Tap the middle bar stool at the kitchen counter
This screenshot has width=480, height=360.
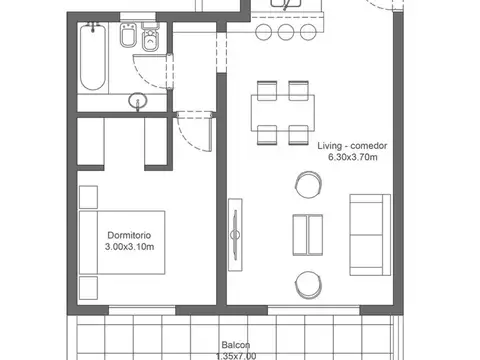(284, 32)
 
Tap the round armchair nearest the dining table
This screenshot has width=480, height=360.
(306, 184)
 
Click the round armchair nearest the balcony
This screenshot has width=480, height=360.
(306, 283)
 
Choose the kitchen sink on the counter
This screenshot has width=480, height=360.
(288, 4)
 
